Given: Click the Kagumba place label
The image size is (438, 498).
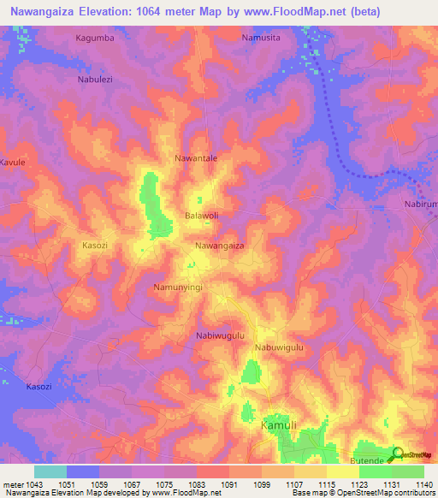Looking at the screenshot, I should coord(94,39).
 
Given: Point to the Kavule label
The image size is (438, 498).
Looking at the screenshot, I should coord(13,162).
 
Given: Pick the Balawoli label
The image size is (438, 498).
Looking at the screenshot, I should coord(202,216).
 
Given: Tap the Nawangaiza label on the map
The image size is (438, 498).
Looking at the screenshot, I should coord(220,246).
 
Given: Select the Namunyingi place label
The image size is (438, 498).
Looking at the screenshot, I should coord(177,288).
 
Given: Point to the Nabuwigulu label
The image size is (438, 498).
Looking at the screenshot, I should coord(279,348).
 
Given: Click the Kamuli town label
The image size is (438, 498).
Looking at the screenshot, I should coord(279,425).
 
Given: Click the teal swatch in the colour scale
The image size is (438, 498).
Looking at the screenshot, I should coord(50,471).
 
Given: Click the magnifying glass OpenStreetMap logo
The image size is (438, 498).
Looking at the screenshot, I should coord(399,454).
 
